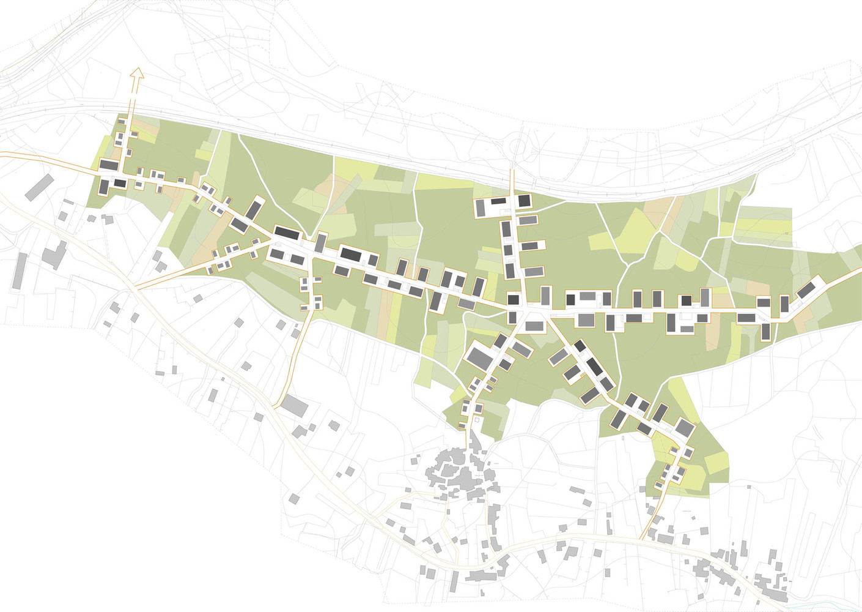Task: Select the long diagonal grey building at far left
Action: tap(39, 187)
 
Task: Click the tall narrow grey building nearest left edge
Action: tap(20, 271)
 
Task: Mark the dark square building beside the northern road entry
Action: tap(525, 201)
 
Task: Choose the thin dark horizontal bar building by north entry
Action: tap(499, 201)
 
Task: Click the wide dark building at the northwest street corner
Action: tap(109, 165)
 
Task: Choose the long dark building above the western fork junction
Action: tap(287, 233)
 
